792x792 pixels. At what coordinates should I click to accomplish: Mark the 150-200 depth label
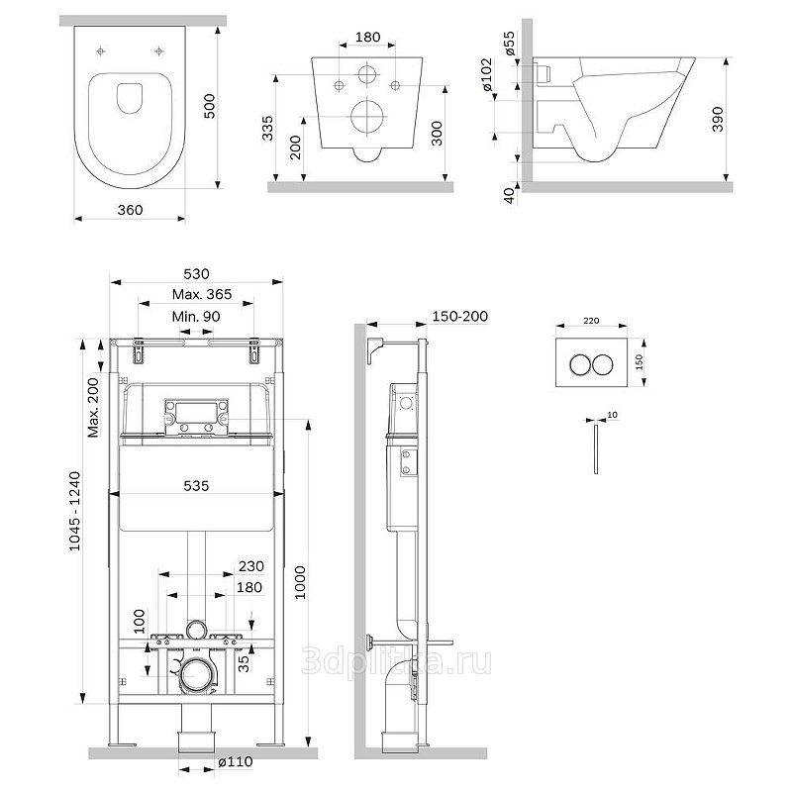[459, 316]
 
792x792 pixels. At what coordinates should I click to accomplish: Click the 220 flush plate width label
[592, 322]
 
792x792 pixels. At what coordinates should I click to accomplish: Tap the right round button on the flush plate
[605, 363]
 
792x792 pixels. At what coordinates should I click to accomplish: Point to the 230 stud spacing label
[249, 567]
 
